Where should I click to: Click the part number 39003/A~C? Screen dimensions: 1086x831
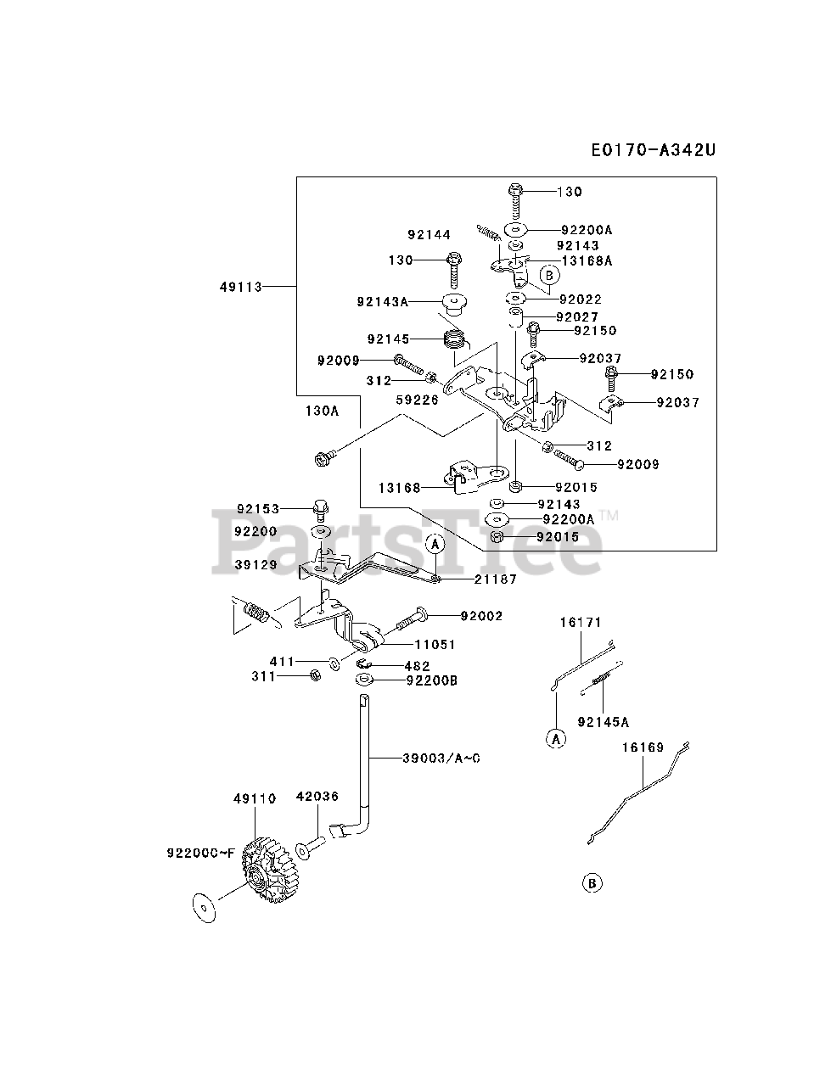click(x=441, y=758)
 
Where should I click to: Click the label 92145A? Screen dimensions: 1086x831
click(x=603, y=722)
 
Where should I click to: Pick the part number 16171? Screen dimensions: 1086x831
click(x=580, y=622)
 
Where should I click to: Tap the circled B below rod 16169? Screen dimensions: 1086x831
click(x=592, y=883)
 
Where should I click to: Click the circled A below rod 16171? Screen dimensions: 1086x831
click(x=555, y=739)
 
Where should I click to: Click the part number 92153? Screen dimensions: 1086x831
click(x=258, y=509)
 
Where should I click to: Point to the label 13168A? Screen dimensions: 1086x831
click(x=587, y=261)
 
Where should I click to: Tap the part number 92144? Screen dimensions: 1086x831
click(x=429, y=235)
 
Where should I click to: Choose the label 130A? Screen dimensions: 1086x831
click(x=322, y=411)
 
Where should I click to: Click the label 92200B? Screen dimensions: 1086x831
click(x=432, y=680)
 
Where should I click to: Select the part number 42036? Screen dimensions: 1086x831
click(x=317, y=797)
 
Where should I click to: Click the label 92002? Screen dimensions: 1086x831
click(x=481, y=615)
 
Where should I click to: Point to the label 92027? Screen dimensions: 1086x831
click(x=577, y=316)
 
